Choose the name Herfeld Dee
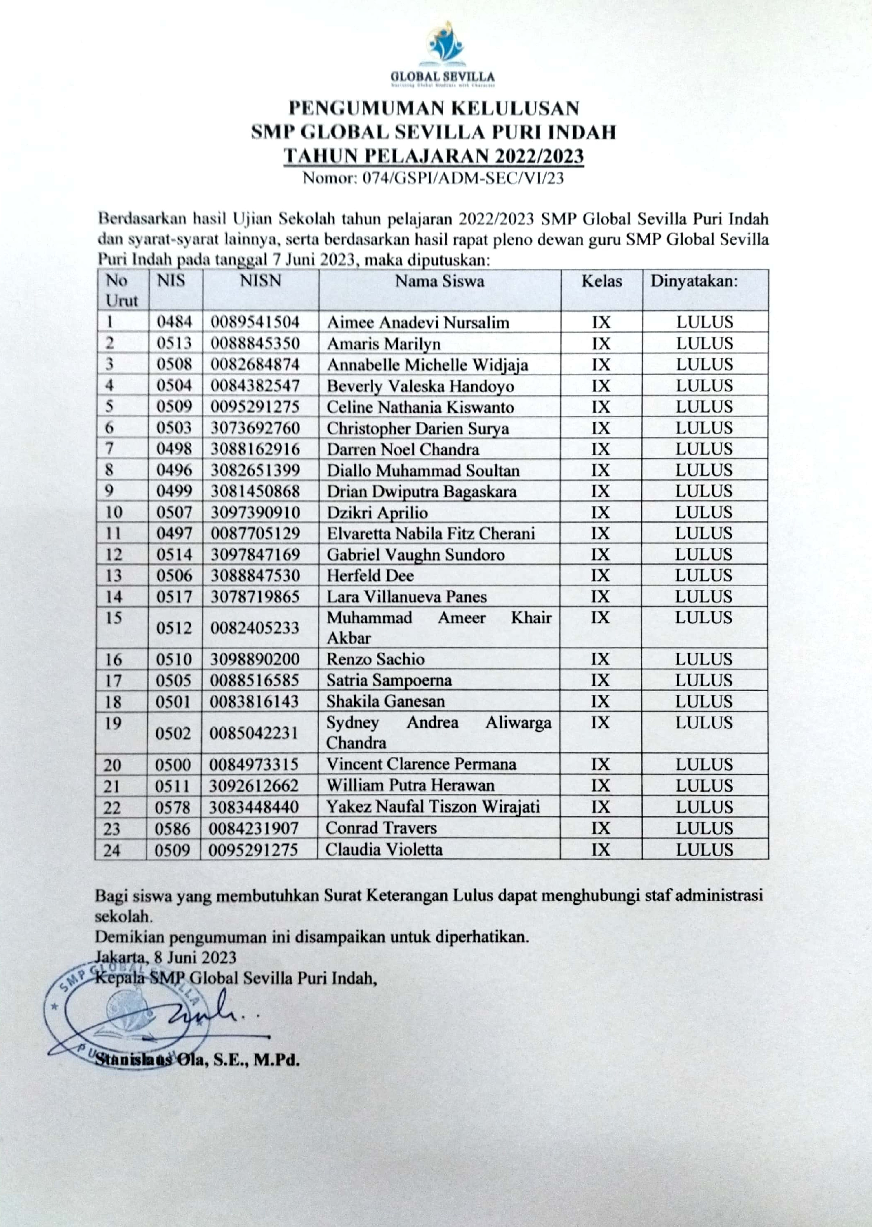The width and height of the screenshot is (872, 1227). [x=370, y=576]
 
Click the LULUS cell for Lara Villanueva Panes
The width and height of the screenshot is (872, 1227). [x=704, y=597]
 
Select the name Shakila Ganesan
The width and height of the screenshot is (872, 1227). [x=386, y=701]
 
